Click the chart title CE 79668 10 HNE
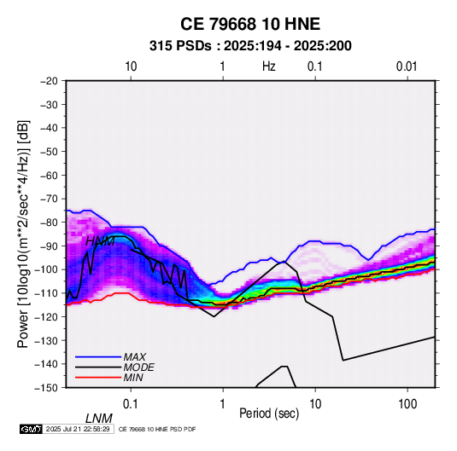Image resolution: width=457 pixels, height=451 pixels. tap(250, 24)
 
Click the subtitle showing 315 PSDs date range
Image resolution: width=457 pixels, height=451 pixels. tap(250, 46)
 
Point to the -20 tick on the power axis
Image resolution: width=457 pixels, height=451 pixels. tap(49, 81)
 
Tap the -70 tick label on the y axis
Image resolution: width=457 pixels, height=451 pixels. tap(49, 199)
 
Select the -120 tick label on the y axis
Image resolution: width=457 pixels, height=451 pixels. tap(46, 316)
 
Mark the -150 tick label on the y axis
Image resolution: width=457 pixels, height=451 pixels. tap(46, 388)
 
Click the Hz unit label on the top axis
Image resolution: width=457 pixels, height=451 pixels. tap(269, 66)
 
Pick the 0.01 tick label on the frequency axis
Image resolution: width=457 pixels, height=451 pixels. tap(407, 66)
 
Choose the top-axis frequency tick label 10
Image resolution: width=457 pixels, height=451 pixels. tap(131, 66)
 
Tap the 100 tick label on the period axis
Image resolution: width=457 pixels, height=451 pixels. tap(407, 404)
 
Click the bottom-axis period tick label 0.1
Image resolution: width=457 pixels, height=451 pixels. tap(131, 404)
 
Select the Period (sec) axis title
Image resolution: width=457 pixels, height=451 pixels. tap(269, 413)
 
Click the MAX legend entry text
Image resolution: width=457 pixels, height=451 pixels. tap(134, 356)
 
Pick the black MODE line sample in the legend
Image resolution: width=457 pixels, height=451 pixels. tap(98, 367)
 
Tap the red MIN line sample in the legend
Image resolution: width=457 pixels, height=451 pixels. tap(98, 378)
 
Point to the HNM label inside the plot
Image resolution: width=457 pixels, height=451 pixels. tap(100, 241)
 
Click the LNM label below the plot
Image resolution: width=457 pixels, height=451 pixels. tap(99, 419)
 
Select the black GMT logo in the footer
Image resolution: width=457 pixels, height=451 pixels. tap(32, 429)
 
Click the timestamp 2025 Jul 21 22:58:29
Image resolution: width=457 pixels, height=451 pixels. tap(78, 429)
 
